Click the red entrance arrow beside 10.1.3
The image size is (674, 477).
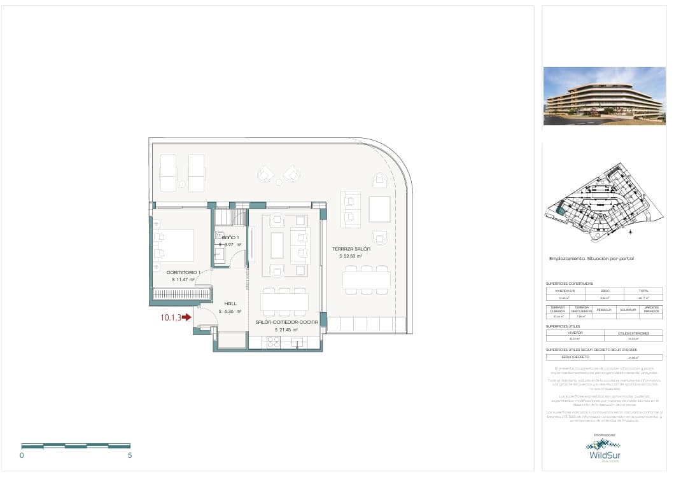[x=186, y=317]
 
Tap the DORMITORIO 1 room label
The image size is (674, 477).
[x=183, y=273]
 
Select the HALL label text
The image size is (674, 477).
[x=230, y=304]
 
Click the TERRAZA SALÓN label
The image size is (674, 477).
[x=350, y=249]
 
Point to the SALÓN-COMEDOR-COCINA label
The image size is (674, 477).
[x=286, y=322]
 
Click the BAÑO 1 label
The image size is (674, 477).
[x=230, y=237]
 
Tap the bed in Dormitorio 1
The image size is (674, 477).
[x=176, y=245]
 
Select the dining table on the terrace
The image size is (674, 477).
[x=366, y=280]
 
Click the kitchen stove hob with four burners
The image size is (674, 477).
[x=272, y=342]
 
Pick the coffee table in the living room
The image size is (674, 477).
[x=277, y=245]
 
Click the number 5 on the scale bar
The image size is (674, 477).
[x=130, y=455]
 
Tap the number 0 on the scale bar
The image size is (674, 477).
[x=22, y=455]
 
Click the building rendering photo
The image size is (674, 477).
[x=604, y=96]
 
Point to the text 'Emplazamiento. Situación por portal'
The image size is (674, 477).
[x=591, y=259]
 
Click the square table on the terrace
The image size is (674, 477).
[x=379, y=209]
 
